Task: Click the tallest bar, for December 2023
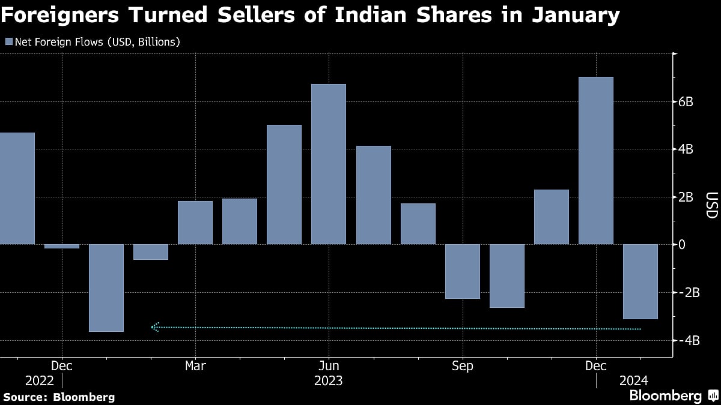coord(595,161)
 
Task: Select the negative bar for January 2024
coord(640,281)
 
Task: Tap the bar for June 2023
coord(329,164)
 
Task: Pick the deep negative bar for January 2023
coord(106,288)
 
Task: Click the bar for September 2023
coord(462,271)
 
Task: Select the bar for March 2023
coord(195,223)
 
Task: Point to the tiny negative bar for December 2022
coord(62,246)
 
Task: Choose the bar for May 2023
coord(284,185)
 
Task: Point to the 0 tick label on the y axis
coord(682,245)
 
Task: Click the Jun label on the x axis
coord(329,365)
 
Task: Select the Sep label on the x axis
coord(462,365)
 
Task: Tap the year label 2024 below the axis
coord(633,380)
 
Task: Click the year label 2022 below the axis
coord(40,380)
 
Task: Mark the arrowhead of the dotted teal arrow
coord(154,327)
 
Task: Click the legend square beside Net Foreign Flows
coord(8,42)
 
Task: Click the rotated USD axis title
coord(710,205)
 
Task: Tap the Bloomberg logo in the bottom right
coord(665,395)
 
